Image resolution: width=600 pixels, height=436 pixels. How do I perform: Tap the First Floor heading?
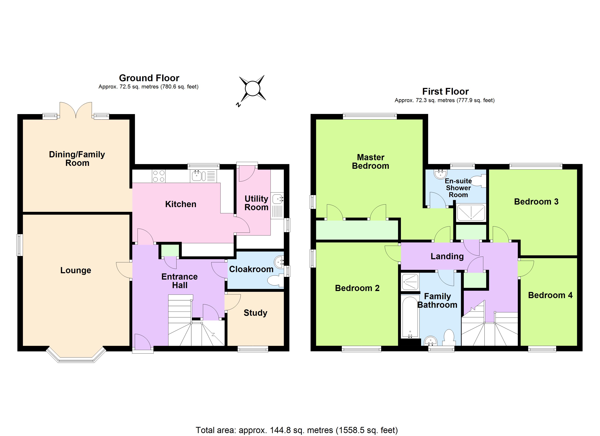[445, 92]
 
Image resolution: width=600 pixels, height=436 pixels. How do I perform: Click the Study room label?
[255, 313]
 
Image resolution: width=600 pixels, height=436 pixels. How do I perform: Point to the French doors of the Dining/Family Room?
[76, 110]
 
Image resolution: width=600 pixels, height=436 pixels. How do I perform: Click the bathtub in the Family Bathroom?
[410, 316]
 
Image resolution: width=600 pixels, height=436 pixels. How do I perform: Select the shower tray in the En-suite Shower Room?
[471, 212]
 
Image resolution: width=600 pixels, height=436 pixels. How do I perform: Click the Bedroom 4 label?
[550, 295]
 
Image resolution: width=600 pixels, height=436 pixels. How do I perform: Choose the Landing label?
[447, 256]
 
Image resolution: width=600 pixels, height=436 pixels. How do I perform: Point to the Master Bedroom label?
[370, 162]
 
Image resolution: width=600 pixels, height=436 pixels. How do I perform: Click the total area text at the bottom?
[297, 430]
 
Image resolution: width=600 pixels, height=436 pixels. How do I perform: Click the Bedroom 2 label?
[357, 288]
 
